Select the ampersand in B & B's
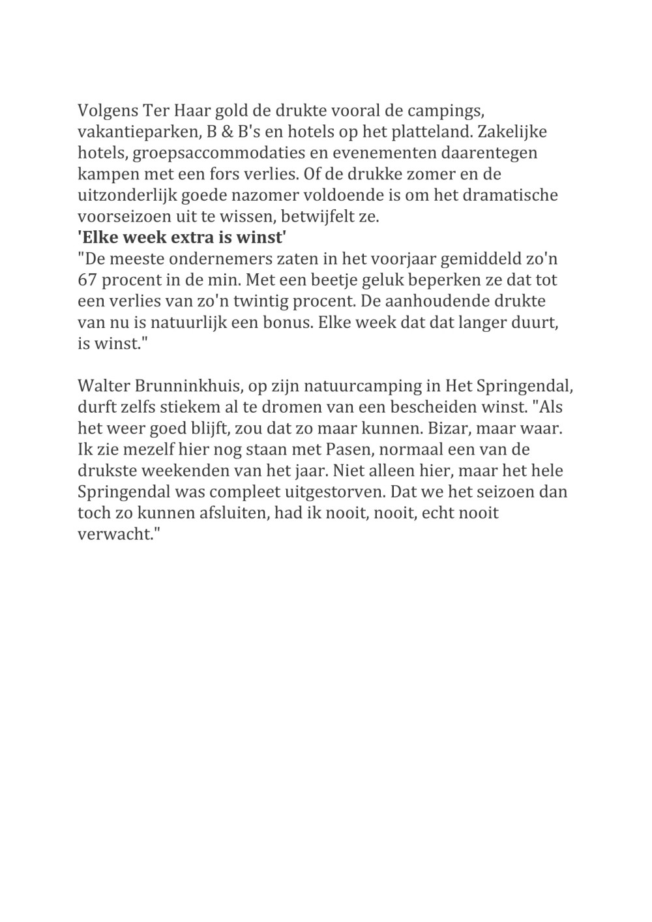[227, 132]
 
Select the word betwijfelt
[317, 216]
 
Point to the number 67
[87, 280]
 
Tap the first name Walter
[101, 386]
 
